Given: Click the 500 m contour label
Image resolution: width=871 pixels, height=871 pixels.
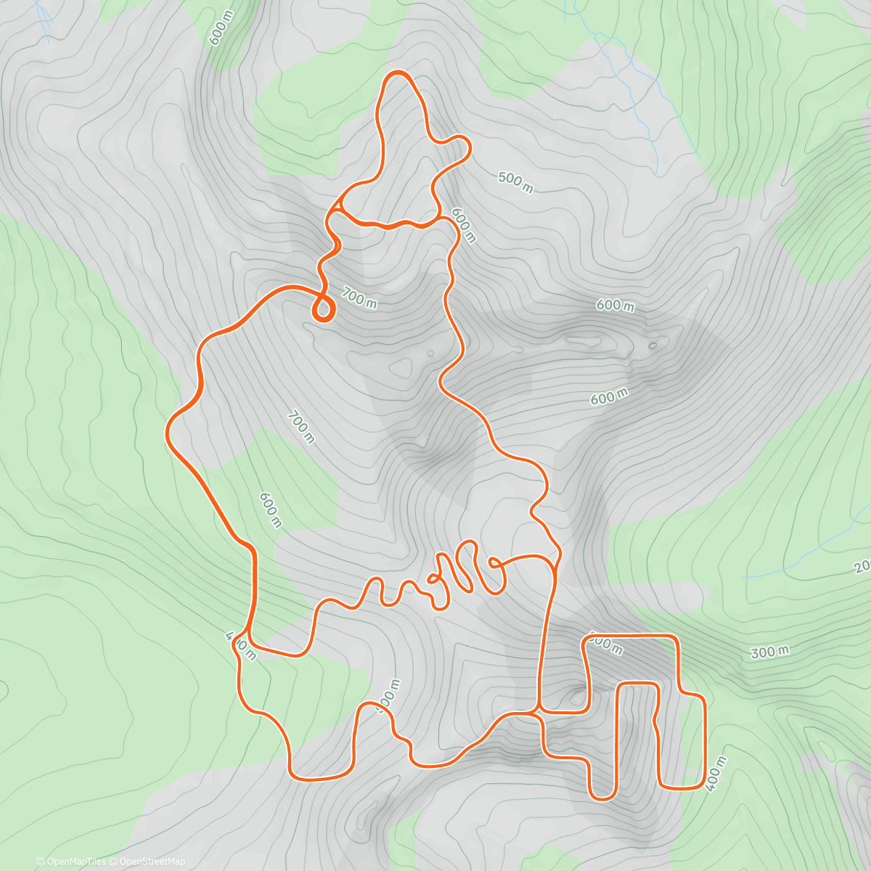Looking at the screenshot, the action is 516,182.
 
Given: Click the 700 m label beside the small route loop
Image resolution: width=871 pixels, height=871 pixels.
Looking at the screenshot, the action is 359,298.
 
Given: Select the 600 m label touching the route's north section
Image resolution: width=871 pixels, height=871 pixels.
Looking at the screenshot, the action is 463,225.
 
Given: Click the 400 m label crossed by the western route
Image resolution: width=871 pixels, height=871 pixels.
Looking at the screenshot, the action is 241,645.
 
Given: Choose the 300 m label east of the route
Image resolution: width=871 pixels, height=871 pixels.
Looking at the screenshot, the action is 769,652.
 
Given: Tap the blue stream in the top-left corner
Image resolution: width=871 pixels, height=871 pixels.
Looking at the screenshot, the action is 45,22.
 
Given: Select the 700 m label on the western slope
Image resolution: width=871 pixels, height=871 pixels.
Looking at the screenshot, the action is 301,428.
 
